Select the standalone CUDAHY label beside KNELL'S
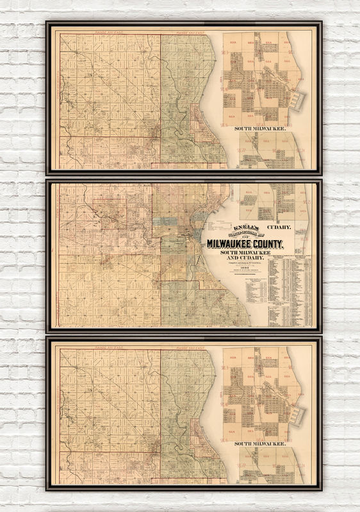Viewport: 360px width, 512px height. click(279, 227)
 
